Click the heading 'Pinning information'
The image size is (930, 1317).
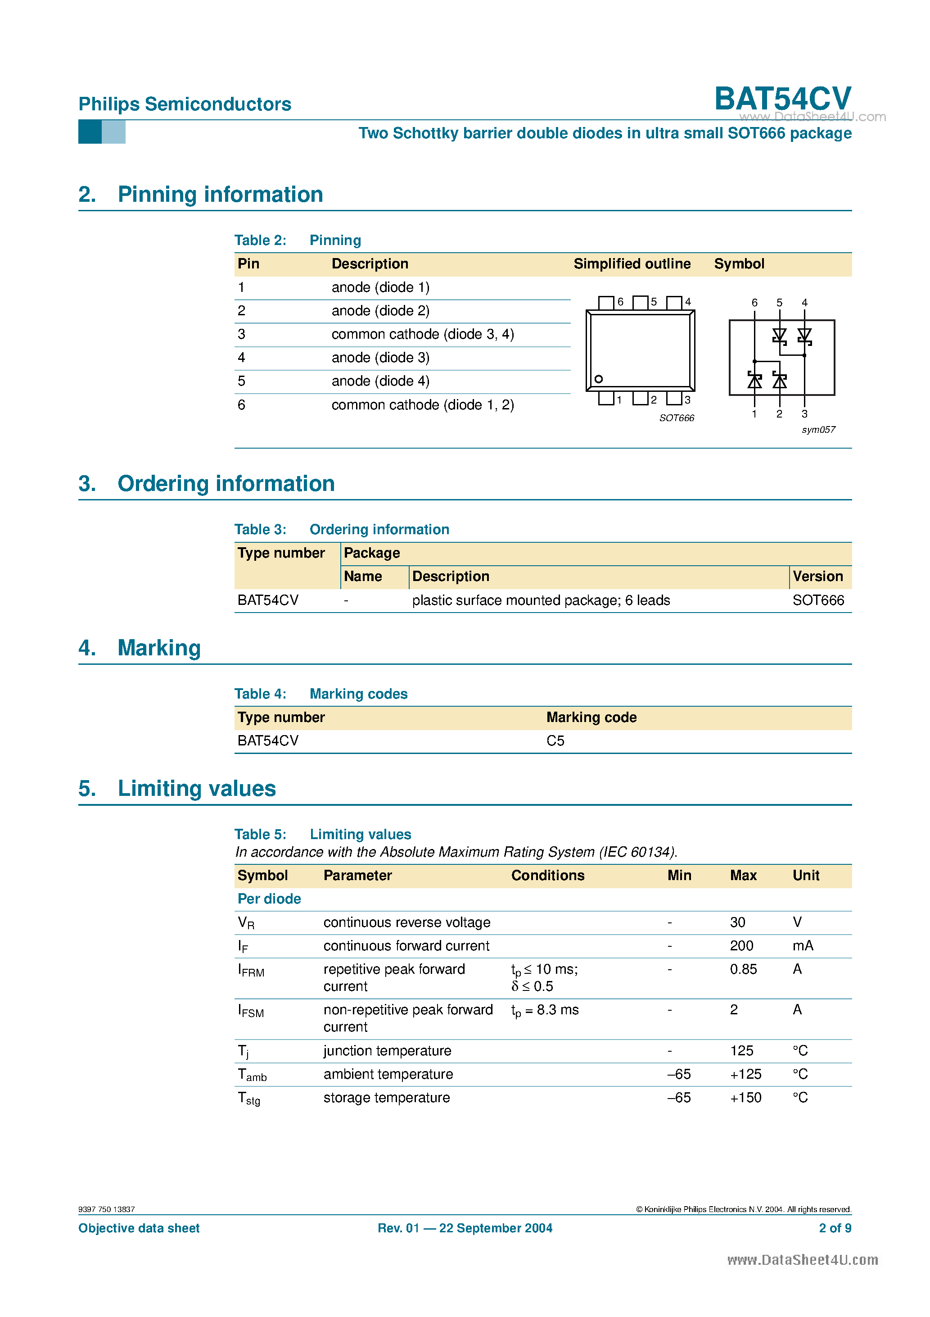click(220, 195)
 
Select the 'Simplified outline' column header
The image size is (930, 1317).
click(632, 264)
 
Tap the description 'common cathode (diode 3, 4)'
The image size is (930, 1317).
click(423, 334)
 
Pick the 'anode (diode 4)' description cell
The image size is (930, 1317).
click(380, 381)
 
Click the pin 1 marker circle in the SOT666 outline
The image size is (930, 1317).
click(599, 379)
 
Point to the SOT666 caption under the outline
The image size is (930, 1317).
click(677, 418)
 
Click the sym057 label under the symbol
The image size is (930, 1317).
click(818, 430)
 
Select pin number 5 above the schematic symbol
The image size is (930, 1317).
click(779, 303)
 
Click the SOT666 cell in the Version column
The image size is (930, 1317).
click(818, 600)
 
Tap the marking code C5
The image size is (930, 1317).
click(555, 741)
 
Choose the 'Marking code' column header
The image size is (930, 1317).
click(591, 718)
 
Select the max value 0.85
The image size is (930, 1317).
click(743, 969)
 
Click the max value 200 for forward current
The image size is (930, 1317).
click(741, 946)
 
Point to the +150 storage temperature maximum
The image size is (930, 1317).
click(745, 1098)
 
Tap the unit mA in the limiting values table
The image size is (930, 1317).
click(803, 946)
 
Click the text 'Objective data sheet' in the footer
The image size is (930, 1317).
click(139, 1228)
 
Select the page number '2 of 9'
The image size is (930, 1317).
click(835, 1228)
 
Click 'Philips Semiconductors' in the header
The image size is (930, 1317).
click(185, 104)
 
